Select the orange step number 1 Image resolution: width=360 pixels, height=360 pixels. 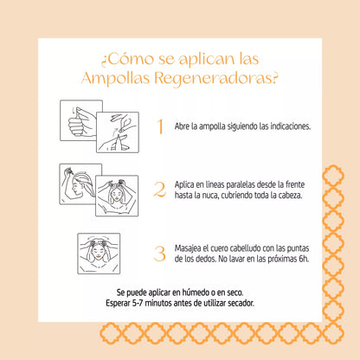point(159,126)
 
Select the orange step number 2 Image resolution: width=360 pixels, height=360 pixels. point(159,190)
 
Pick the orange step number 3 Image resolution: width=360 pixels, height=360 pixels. point(159,254)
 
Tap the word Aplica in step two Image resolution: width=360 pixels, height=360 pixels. point(184,184)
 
